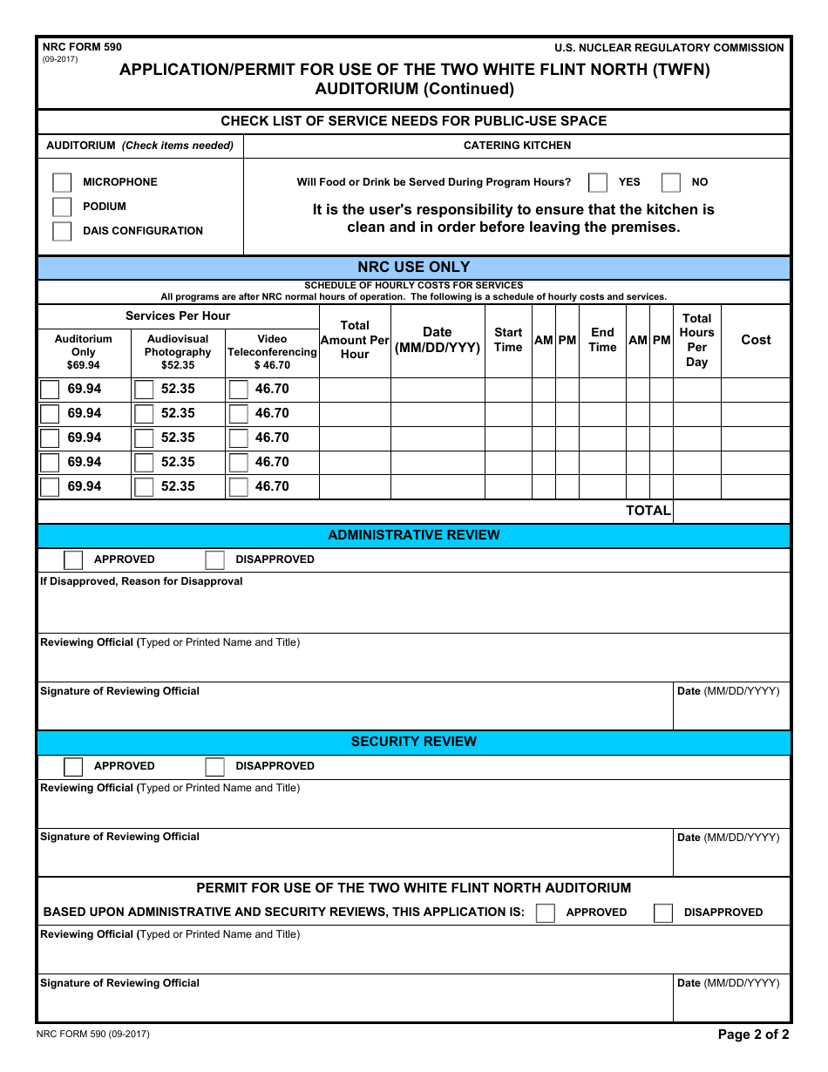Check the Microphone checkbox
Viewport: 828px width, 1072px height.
click(x=62, y=182)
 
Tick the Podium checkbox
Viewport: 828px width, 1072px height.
click(x=62, y=207)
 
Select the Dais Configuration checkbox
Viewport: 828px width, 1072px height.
click(x=62, y=231)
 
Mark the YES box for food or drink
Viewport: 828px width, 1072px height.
click(x=598, y=182)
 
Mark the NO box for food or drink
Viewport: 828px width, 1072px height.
click(x=670, y=182)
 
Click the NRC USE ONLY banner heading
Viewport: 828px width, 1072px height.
click(x=414, y=268)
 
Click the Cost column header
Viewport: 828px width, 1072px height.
click(x=756, y=340)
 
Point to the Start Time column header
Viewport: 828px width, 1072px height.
click(x=508, y=340)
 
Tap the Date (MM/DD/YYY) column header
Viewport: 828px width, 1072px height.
click(x=438, y=340)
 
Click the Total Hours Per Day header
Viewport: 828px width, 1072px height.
click(x=696, y=340)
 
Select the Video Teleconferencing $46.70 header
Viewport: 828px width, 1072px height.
click(x=272, y=352)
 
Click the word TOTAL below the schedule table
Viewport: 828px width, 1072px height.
click(x=648, y=511)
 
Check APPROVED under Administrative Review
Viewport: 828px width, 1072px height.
click(x=74, y=560)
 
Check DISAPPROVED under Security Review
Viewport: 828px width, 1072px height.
click(x=215, y=766)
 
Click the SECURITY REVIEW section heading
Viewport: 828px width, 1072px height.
click(x=414, y=742)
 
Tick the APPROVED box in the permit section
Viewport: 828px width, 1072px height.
click(x=546, y=913)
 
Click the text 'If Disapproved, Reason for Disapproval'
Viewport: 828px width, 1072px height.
click(x=142, y=581)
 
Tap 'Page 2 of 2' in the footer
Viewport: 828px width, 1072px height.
click(x=753, y=1035)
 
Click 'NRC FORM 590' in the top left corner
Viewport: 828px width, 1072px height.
click(x=82, y=47)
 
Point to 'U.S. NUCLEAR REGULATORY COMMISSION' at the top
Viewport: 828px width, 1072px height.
click(x=669, y=48)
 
